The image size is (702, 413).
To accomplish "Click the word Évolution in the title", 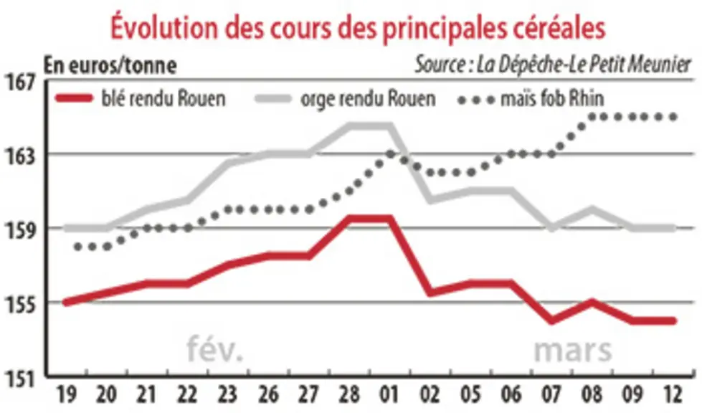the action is point(164,27).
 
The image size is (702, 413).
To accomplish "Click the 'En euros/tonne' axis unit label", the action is point(110,66).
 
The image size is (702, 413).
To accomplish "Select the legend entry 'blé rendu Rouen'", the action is point(140,98).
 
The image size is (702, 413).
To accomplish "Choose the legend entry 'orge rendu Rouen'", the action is point(345,98).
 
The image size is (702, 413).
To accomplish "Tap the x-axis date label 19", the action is point(66,395).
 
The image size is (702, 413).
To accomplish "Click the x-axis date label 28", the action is point(349,395).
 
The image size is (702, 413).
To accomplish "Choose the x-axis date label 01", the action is point(389,395).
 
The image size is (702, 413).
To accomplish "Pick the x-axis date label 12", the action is point(672,395).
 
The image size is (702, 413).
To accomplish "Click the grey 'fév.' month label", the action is point(215,349).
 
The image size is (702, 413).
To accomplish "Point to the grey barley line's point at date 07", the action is point(551,228).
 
